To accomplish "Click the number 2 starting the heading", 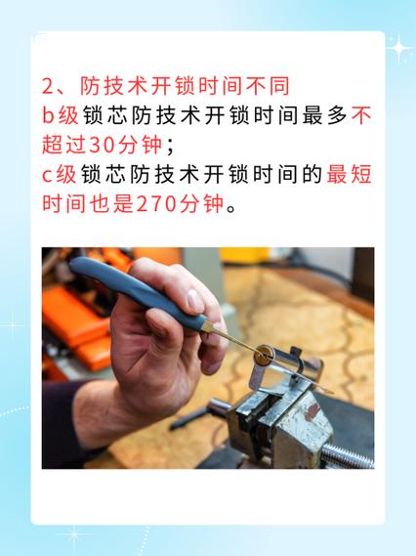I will click(49, 85).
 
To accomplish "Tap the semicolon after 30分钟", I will click(170, 148).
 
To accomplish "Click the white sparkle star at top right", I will click(398, 46).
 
